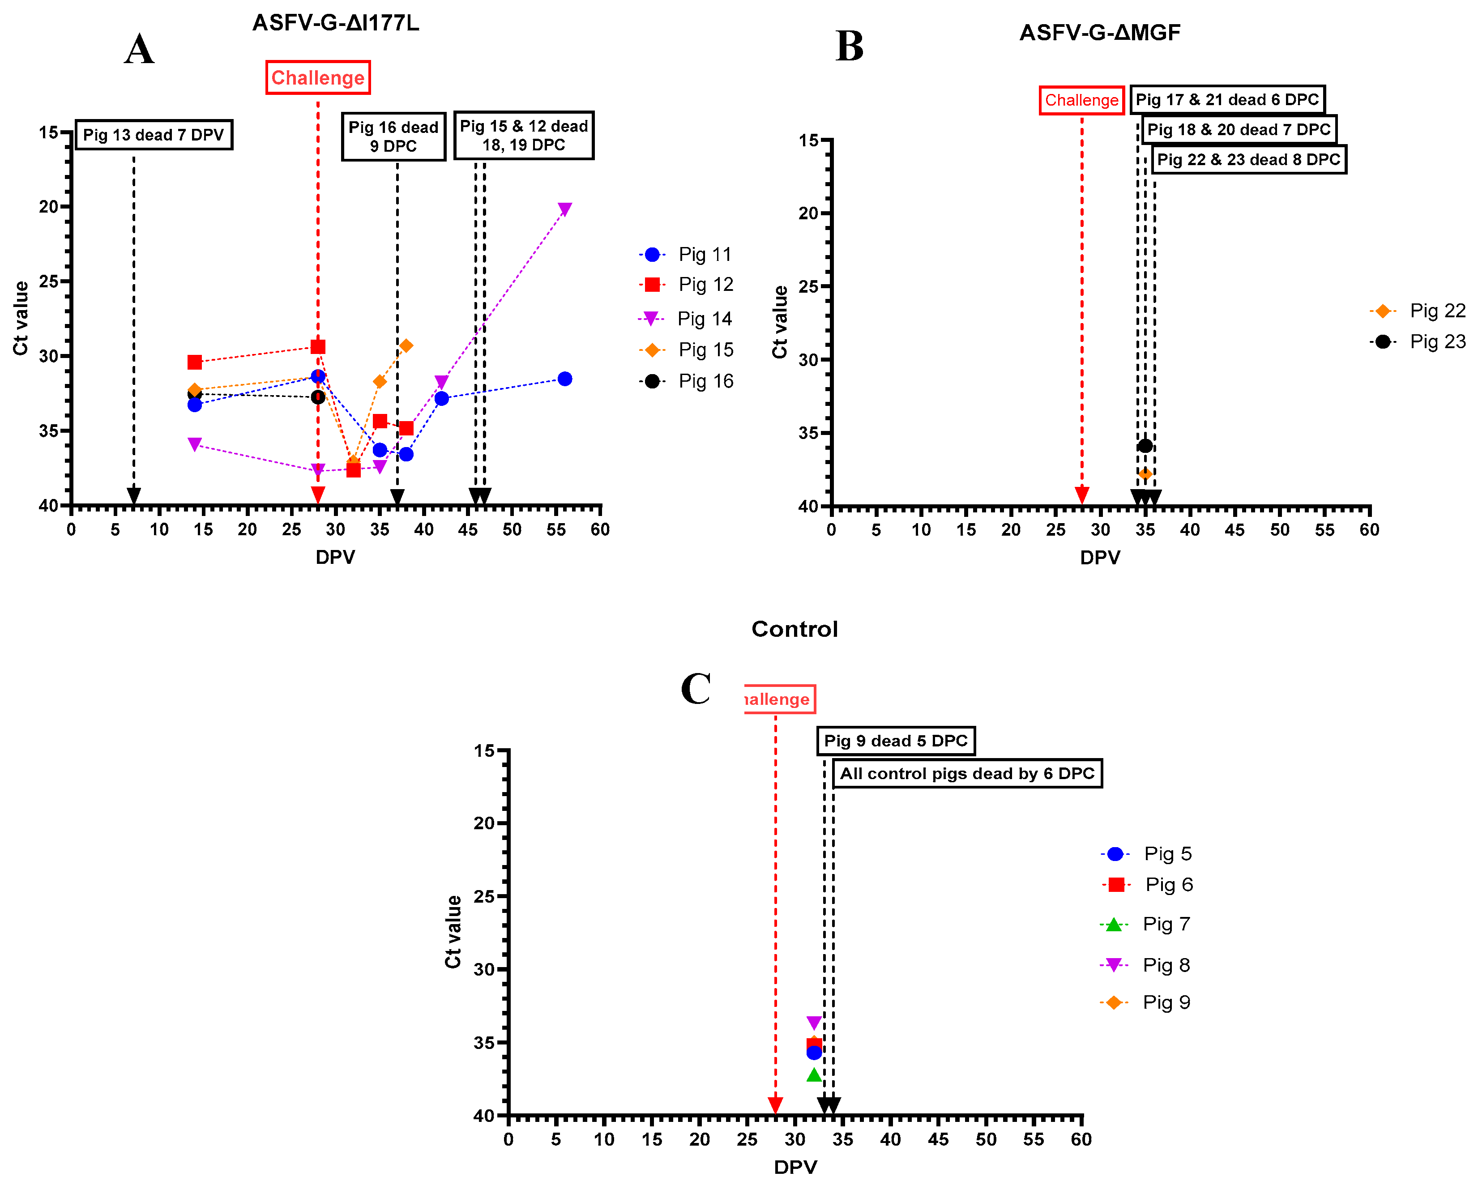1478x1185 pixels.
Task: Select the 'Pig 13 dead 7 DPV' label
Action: tap(154, 134)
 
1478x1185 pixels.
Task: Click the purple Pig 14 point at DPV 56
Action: tap(564, 209)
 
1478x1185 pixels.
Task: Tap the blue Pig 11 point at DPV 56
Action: tap(564, 379)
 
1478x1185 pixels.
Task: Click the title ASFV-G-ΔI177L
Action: tap(335, 23)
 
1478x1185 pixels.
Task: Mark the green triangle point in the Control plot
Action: tap(814, 1074)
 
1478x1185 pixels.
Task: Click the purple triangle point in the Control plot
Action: tap(814, 1023)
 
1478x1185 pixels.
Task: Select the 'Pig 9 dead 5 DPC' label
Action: tap(895, 741)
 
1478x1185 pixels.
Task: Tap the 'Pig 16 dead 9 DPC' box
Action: tap(393, 136)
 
